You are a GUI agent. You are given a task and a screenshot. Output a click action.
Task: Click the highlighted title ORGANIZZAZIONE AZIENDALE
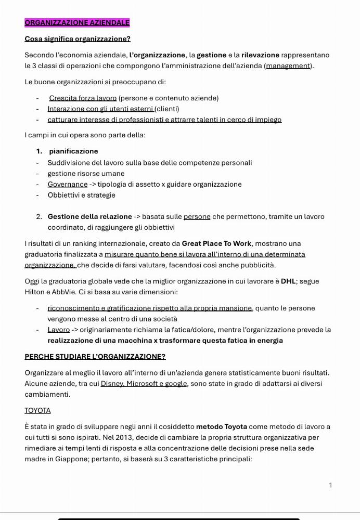point(77,22)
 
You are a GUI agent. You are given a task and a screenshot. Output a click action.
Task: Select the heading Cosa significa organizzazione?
point(78,38)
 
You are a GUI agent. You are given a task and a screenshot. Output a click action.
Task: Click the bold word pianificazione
point(73,151)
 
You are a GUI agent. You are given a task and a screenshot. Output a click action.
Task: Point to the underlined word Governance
point(68,184)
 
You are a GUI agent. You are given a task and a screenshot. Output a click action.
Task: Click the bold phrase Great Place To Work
point(216,243)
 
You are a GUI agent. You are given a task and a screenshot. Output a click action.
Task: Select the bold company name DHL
point(288,281)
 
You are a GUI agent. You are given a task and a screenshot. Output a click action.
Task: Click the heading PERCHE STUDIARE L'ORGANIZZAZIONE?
point(95,357)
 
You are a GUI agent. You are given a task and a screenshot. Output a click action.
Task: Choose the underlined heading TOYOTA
point(37,410)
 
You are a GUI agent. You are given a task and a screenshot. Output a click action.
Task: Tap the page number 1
point(330,485)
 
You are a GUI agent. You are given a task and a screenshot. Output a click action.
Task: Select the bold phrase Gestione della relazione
point(89,216)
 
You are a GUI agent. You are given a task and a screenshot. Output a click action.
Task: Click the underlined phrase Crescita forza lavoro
point(83,98)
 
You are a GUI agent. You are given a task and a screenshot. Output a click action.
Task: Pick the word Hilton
point(35,292)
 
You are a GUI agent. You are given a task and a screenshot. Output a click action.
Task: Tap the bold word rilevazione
point(260,55)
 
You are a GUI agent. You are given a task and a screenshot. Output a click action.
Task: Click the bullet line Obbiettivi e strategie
point(81,195)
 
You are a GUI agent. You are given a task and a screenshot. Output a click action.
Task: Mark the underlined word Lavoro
point(58,330)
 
